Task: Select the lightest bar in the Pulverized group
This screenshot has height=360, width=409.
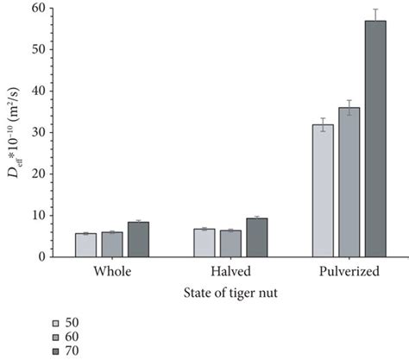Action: coord(323,191)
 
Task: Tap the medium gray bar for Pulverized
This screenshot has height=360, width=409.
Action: coord(349,182)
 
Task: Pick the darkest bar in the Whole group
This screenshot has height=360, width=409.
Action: coord(138,239)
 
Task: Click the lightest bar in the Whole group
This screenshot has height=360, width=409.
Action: coord(85,245)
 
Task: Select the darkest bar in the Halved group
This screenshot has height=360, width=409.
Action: coord(256,237)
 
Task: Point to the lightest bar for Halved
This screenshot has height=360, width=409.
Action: coord(204,243)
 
